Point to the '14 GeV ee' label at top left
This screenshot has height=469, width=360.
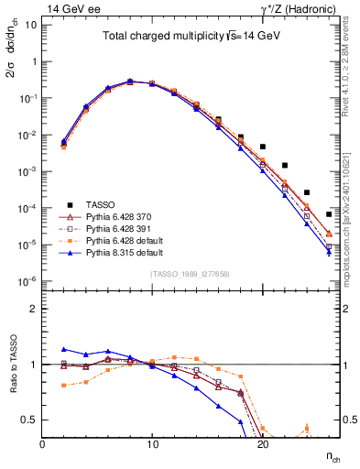click(x=70, y=8)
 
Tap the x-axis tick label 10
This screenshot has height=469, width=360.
click(x=153, y=443)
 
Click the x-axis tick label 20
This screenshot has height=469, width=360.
click(x=263, y=443)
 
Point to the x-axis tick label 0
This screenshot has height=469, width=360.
click(x=43, y=443)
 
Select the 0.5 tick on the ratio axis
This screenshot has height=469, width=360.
click(x=32, y=420)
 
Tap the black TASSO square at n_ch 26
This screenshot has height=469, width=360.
click(x=329, y=214)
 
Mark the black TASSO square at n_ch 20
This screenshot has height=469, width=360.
click(x=263, y=147)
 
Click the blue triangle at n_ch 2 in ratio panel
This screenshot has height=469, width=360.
click(x=64, y=349)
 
